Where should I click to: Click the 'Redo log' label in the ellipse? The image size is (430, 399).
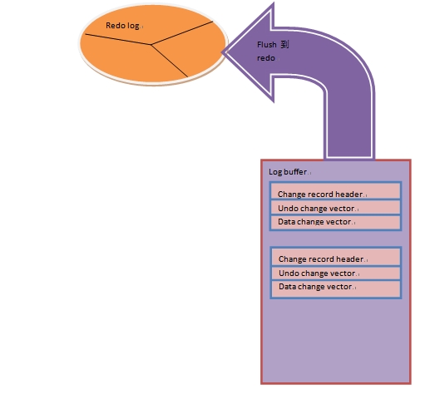pos(122,26)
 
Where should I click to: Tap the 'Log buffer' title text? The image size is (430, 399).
pos(288,172)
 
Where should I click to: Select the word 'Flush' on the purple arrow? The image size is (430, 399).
pos(267,45)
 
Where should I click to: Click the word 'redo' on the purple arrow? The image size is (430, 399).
pos(266,58)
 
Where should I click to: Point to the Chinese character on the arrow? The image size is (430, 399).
pos(284,44)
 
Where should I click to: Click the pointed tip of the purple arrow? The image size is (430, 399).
pos(223,52)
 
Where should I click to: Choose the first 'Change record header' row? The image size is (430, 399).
pos(335,191)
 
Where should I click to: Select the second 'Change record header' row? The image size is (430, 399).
pos(336,257)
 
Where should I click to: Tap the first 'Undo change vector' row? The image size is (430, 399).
pos(335,207)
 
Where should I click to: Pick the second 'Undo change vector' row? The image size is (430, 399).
pos(336,273)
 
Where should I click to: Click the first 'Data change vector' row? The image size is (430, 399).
pos(335,222)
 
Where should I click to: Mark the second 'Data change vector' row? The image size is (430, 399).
pos(336,288)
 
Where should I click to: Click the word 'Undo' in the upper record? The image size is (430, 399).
pos(287,209)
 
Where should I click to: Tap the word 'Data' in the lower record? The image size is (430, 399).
pos(287,287)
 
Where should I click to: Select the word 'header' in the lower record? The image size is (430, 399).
pos(349,259)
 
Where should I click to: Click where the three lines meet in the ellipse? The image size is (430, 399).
pos(151,45)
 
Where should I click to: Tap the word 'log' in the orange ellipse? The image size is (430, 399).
pos(133,27)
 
